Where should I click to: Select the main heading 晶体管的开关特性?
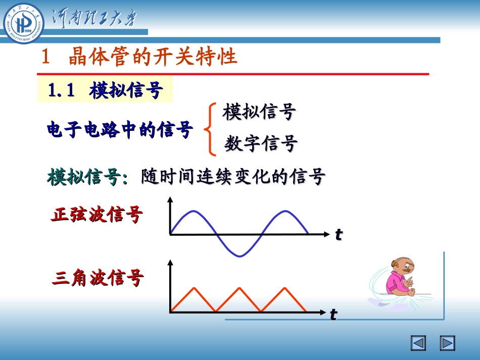pyautogui.click(x=153, y=57)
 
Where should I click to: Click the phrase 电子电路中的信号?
pyautogui.click(x=120, y=130)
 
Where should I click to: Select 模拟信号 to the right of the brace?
pyautogui.click(x=259, y=112)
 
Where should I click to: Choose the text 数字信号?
pyautogui.click(x=261, y=144)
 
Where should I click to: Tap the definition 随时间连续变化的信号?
pyautogui.click(x=233, y=177)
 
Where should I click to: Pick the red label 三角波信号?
pyautogui.click(x=98, y=278)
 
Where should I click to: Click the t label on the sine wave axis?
pyautogui.click(x=339, y=234)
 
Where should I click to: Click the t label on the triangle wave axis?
pyautogui.click(x=333, y=315)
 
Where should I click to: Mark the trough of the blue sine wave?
pyautogui.click(x=239, y=256)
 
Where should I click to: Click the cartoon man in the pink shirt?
pyautogui.click(x=399, y=281)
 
